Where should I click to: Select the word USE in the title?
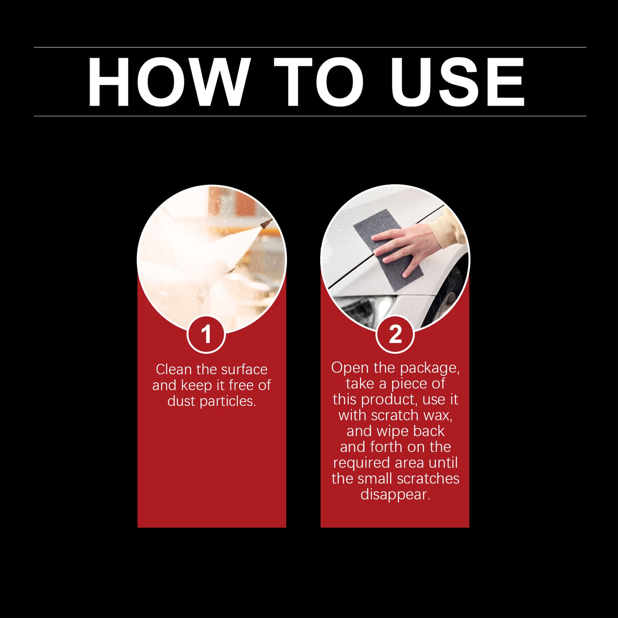457,82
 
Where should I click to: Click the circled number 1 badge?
206,334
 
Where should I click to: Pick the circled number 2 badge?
395,334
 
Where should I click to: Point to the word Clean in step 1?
173,369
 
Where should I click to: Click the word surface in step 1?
244,369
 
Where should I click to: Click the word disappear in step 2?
395,495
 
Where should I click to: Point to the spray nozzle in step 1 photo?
266,223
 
